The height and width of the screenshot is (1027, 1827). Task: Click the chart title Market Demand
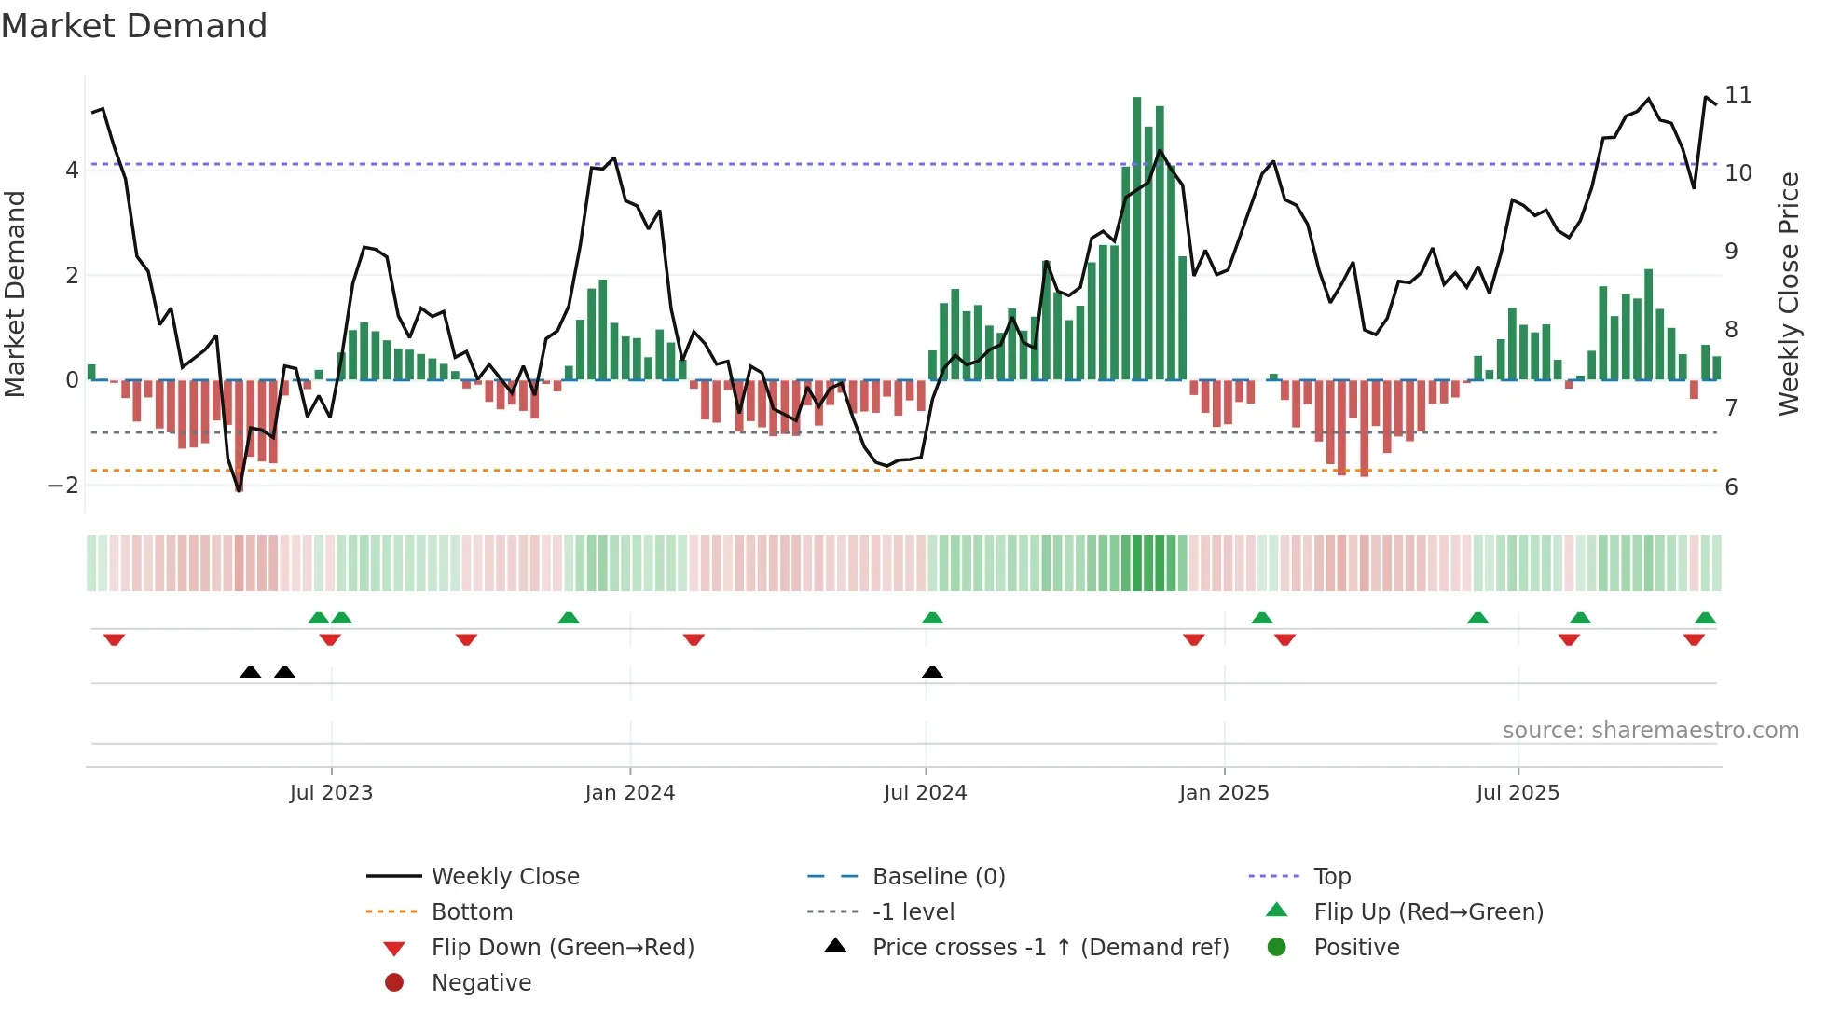pos(134,26)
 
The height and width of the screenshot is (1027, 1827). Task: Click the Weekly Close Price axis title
pos(1788,294)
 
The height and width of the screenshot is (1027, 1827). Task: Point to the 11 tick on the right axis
pos(1738,95)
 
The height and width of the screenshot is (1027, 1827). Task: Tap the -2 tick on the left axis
pos(63,486)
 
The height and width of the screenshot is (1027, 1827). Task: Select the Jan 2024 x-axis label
pos(629,793)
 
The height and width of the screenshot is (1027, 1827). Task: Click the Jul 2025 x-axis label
pos(1518,793)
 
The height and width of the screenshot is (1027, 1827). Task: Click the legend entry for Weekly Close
pos(504,877)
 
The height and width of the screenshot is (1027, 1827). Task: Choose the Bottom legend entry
pos(472,912)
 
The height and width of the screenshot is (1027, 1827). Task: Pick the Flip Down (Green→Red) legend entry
pos(562,948)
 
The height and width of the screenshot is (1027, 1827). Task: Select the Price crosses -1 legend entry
pos(1050,948)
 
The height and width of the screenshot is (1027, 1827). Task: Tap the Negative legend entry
pos(481,983)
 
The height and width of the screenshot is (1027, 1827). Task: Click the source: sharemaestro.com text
pos(1650,731)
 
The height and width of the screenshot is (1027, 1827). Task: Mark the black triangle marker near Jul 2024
pos(932,672)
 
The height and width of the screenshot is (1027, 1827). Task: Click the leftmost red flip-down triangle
pos(114,639)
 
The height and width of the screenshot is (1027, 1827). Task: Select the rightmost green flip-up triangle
pos(1705,618)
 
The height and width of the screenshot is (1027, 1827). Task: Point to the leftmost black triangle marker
pos(250,672)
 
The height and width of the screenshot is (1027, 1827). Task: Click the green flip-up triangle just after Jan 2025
pos(1261,618)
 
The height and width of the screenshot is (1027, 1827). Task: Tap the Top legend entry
pos(1331,877)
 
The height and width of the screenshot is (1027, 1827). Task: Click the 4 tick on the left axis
pos(72,171)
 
